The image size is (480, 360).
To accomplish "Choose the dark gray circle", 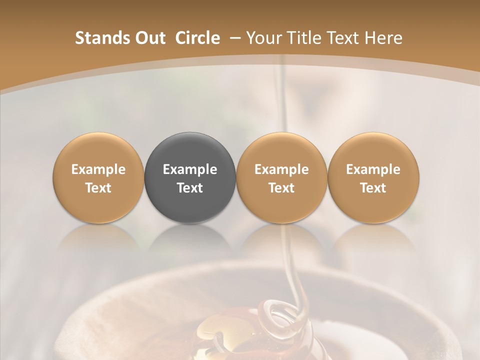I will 190,177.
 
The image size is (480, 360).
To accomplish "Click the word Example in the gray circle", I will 190,169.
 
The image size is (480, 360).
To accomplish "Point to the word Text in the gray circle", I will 190,188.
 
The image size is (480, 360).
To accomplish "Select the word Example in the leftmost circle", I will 98,169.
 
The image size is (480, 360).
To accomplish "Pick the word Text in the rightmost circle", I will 373,188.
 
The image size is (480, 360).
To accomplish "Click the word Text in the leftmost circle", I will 98,188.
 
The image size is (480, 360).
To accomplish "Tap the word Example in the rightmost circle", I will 373,169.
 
